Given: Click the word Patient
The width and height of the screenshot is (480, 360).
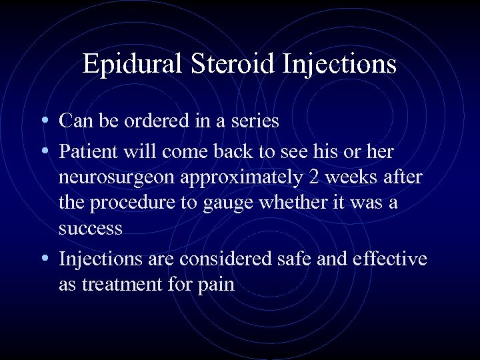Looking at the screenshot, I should pos(87,151).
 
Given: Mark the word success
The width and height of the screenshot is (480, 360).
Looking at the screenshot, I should pos(91,229).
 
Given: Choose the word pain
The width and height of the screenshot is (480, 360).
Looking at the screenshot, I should pos(215,284).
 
